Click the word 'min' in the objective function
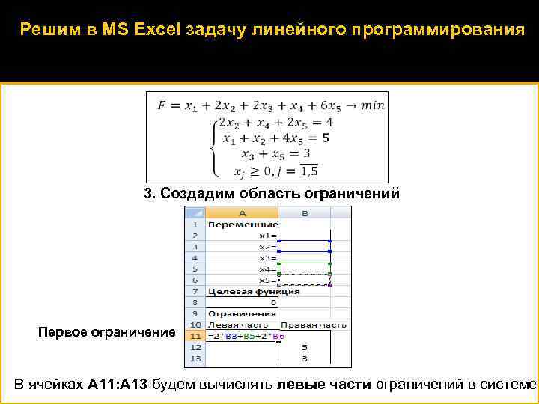tap(372, 105)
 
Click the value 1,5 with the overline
tap(308, 172)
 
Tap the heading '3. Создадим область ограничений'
tap(272, 194)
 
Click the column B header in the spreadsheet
tap(305, 213)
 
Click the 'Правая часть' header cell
tap(305, 325)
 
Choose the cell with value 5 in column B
tap(304, 348)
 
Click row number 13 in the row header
tap(194, 359)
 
